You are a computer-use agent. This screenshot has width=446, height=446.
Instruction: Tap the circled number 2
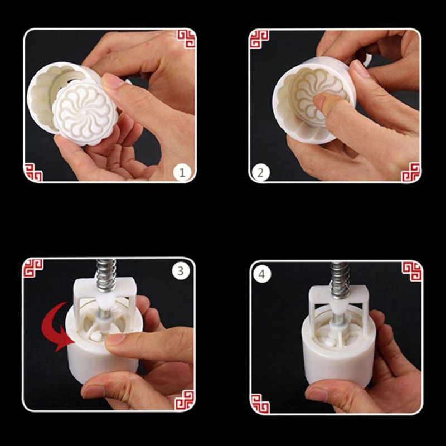pyautogui.click(x=259, y=172)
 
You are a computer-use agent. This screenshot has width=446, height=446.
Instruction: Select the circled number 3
pyautogui.click(x=180, y=271)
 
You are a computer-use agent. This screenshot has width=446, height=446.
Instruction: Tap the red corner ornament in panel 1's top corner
pyautogui.click(x=186, y=39)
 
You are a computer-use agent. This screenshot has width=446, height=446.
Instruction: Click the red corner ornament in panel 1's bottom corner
pyautogui.click(x=33, y=172)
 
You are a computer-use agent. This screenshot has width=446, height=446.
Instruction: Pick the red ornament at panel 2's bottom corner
pyautogui.click(x=410, y=172)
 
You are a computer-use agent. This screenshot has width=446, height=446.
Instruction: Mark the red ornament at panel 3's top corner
pyautogui.click(x=33, y=268)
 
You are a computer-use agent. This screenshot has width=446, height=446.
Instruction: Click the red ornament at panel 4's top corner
pyautogui.click(x=411, y=270)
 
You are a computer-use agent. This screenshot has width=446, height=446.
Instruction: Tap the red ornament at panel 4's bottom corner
pyautogui.click(x=260, y=403)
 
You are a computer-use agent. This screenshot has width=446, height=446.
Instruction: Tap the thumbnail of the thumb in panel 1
pyautogui.click(x=115, y=82)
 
